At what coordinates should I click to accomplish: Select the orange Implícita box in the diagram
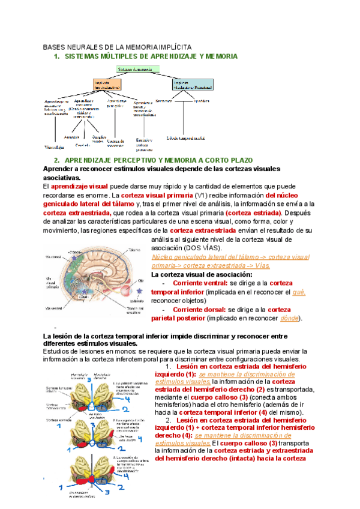109,84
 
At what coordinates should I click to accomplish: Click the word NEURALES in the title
89,46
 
